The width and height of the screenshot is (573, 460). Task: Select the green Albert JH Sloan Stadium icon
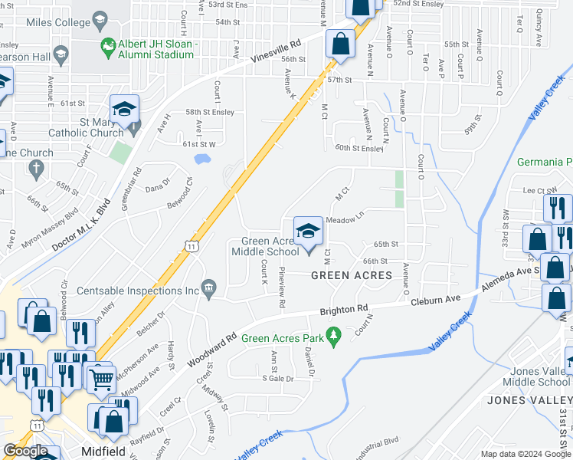pyautogui.click(x=109, y=48)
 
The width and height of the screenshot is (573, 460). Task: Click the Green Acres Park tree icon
pyautogui.click(x=333, y=336)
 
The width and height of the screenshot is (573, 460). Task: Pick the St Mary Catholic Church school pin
pyautogui.click(x=123, y=110)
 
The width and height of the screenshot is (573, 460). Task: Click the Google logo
pyautogui.click(x=26, y=451)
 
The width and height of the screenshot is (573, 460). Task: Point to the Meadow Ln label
pyautogui.click(x=344, y=220)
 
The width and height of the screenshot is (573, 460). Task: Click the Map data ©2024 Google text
pyautogui.click(x=525, y=454)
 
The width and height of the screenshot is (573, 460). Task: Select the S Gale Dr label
pyautogui.click(x=278, y=379)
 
